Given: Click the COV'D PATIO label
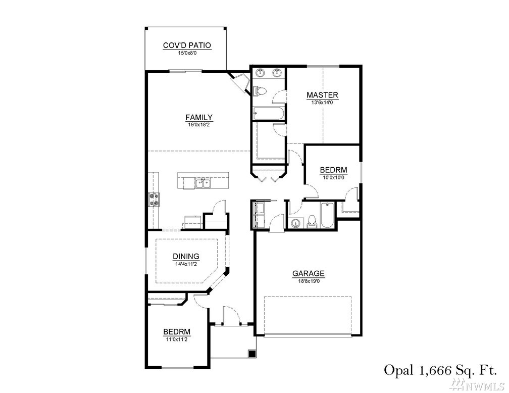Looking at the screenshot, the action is [x=187, y=45].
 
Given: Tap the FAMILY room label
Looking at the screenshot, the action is [x=199, y=117].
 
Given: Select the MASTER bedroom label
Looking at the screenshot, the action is [x=322, y=95].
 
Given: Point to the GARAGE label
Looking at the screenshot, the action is [x=309, y=273].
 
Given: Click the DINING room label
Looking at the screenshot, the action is [x=186, y=257].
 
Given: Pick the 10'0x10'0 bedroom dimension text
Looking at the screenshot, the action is [x=333, y=178].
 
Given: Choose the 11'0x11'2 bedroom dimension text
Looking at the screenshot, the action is [x=177, y=340].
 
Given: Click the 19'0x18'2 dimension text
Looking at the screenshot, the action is [x=199, y=124].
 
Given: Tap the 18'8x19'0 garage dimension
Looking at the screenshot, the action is [x=309, y=281].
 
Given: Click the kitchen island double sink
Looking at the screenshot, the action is [x=203, y=183].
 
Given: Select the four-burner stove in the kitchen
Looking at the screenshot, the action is [x=154, y=200].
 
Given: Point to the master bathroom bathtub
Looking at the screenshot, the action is [x=268, y=114].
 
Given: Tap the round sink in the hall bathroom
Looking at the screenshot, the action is [x=296, y=223].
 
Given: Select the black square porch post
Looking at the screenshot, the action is [x=252, y=354].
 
